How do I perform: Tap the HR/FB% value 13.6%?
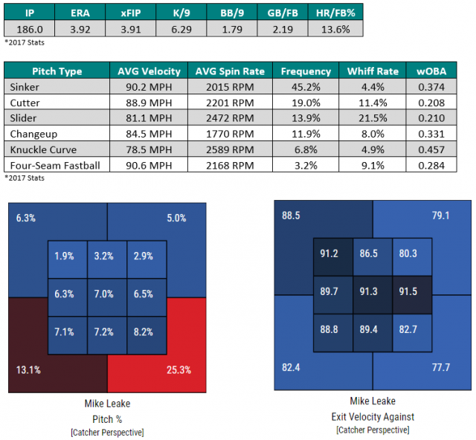coord(336,29)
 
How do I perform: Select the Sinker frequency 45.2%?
coord(306,86)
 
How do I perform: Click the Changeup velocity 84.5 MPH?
coord(149,132)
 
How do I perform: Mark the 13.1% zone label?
coord(29,369)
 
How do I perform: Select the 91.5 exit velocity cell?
coord(412,291)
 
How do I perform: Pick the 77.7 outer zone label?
coord(443,366)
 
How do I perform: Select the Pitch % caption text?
coord(108,418)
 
